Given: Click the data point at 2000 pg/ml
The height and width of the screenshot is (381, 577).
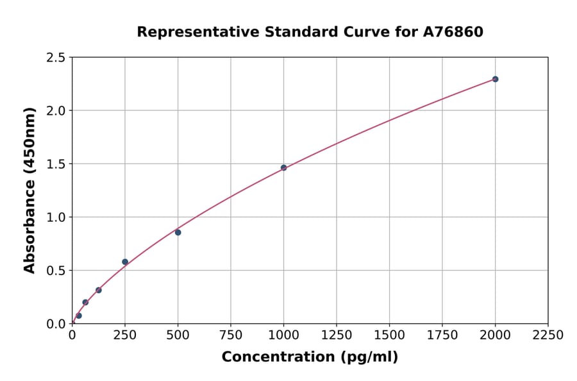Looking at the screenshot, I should click(495, 79).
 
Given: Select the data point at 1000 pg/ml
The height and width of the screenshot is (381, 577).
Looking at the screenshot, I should click(283, 167).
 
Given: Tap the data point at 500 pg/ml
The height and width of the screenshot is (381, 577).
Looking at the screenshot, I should click(178, 232).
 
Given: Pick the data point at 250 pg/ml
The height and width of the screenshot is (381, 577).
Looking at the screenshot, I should click(125, 262).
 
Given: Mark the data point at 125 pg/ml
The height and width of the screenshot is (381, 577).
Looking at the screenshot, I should click(99, 290).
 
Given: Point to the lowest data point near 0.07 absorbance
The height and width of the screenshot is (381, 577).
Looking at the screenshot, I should click(79, 316).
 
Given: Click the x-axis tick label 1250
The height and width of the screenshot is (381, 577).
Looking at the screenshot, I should click(337, 335).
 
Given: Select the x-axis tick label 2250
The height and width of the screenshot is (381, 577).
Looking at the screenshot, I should click(548, 335).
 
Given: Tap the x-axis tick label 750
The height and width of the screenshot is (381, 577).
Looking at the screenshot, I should click(231, 335).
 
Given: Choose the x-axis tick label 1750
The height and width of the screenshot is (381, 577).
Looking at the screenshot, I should click(442, 335).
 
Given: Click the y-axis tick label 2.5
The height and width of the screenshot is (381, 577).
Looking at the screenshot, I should click(56, 58).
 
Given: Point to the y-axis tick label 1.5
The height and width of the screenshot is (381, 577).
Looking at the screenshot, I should click(56, 164).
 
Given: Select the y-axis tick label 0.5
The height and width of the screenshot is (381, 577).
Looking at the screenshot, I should click(56, 271).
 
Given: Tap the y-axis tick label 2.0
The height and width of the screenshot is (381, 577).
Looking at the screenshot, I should click(56, 111).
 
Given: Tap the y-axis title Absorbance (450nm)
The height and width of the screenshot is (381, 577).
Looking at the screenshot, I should click(29, 190).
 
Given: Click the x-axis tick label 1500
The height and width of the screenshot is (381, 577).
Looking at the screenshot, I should click(389, 335).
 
